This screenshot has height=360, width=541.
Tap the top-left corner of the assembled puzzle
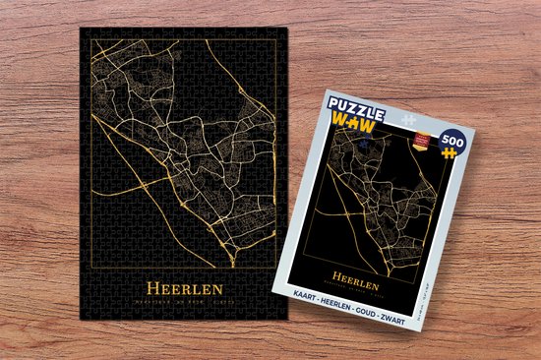(x=81, y=27)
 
